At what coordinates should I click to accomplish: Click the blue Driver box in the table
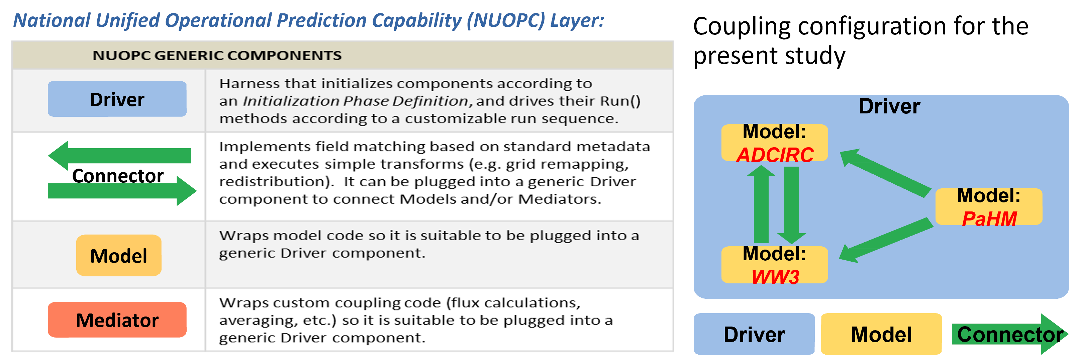pos(117,99)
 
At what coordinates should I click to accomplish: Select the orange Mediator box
pos(117,320)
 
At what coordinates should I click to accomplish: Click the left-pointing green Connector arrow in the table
pos(120,156)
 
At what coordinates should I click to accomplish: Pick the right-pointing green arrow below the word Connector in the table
pos(122,191)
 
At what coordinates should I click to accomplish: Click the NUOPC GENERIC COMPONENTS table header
pos(217,55)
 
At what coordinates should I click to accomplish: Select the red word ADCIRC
pos(775,155)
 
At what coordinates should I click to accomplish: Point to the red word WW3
pos(775,277)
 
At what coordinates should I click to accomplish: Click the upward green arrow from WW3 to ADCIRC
pos(761,204)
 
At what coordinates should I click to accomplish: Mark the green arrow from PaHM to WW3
pos(886,240)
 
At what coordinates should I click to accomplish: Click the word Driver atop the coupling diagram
pos(889,106)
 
